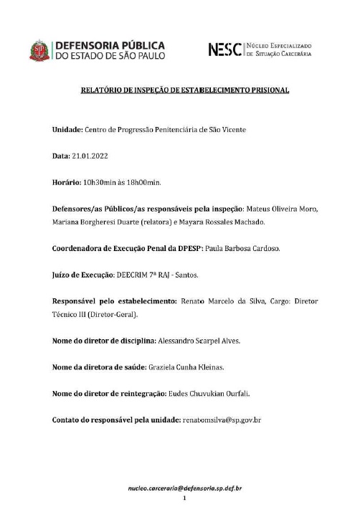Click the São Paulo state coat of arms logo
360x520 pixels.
tap(41, 49)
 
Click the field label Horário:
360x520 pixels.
tap(70, 181)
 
